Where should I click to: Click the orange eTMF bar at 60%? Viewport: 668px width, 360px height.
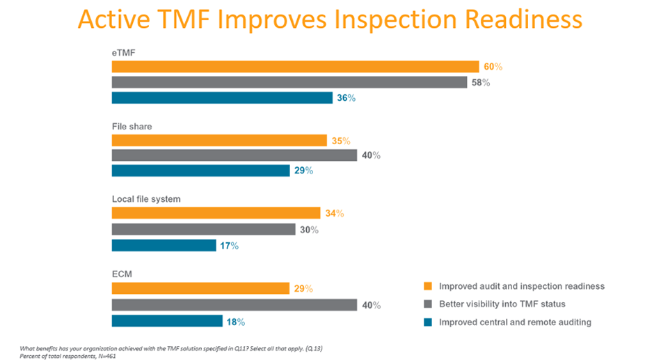click(x=295, y=67)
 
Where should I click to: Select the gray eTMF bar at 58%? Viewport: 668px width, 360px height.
click(x=289, y=82)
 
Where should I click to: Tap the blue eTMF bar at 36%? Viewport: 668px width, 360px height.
click(x=222, y=98)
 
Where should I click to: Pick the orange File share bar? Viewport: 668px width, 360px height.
click(x=219, y=141)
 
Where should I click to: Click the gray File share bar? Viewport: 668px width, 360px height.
click(x=234, y=155)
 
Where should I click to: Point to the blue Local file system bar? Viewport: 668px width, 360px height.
click(x=164, y=245)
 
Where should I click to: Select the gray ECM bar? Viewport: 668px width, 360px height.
click(x=234, y=305)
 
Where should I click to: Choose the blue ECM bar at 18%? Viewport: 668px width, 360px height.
click(x=167, y=321)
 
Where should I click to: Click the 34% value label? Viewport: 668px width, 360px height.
click(x=335, y=214)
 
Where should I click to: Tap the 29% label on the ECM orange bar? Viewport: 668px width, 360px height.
click(x=303, y=288)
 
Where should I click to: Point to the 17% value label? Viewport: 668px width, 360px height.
click(x=230, y=246)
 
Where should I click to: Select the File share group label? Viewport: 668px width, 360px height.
click(x=132, y=126)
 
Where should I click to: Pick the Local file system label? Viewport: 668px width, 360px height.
click(x=146, y=199)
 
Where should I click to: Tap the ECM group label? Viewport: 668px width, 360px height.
click(x=122, y=274)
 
